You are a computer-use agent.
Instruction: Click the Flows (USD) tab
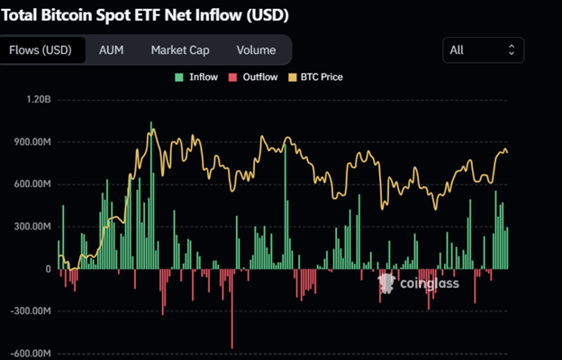(42, 50)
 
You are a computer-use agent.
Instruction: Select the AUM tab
(112, 50)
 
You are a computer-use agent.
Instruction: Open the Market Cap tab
(180, 50)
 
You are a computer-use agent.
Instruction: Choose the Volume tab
(257, 50)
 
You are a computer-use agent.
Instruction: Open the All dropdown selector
(484, 50)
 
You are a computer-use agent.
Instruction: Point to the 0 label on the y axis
(49, 269)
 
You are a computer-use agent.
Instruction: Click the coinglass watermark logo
(418, 284)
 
